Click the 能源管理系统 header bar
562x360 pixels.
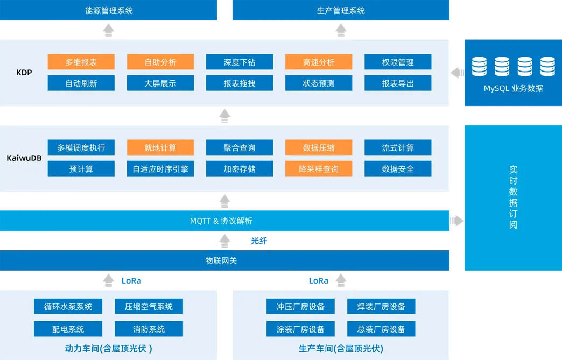[108, 10]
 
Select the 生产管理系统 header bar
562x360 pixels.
[341, 10]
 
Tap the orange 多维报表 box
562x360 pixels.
[81, 62]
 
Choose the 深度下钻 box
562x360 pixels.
[240, 62]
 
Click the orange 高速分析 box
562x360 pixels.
[319, 62]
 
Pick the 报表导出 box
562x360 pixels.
[398, 83]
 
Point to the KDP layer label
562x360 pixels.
[24, 72]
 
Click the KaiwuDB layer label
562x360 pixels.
[24, 158]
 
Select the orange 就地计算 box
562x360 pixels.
[160, 147]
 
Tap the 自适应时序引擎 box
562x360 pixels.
[160, 169]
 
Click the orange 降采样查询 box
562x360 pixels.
[319, 169]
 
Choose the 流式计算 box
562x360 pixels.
[398, 147]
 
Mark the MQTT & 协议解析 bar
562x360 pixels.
[224, 221]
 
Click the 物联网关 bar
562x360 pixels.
[224, 260]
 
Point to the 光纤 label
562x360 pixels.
[259, 241]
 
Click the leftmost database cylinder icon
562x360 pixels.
[479, 66]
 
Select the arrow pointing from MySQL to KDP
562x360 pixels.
[458, 73]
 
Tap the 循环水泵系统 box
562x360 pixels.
[68, 306]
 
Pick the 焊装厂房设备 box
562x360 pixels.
[381, 306]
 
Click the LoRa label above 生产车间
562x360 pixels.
[319, 281]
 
